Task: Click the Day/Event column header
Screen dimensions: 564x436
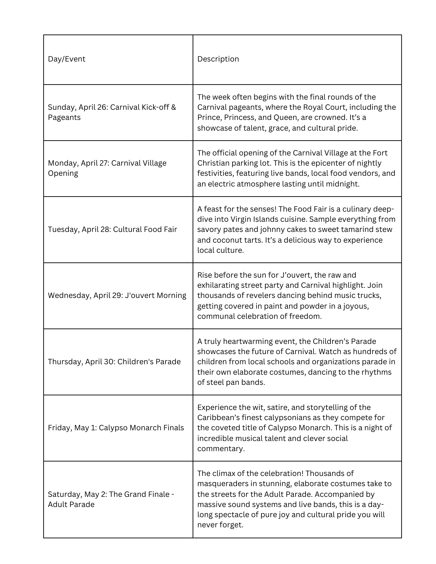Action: pyautogui.click(x=67, y=59)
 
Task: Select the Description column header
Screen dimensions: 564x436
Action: pyautogui.click(x=218, y=59)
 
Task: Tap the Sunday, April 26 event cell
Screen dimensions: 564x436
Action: pyautogui.click(x=112, y=112)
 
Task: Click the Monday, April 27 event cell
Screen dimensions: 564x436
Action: pyautogui.click(x=107, y=168)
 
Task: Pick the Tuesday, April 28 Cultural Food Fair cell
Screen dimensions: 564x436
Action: pyautogui.click(x=112, y=229)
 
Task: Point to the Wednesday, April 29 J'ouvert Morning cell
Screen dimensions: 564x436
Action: pyautogui.click(x=117, y=295)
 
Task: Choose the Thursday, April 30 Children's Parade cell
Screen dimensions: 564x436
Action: pyautogui.click(x=114, y=362)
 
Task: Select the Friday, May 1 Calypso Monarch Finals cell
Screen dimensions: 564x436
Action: pyautogui.click(x=116, y=428)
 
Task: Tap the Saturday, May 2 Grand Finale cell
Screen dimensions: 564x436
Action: pyautogui.click(x=111, y=499)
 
